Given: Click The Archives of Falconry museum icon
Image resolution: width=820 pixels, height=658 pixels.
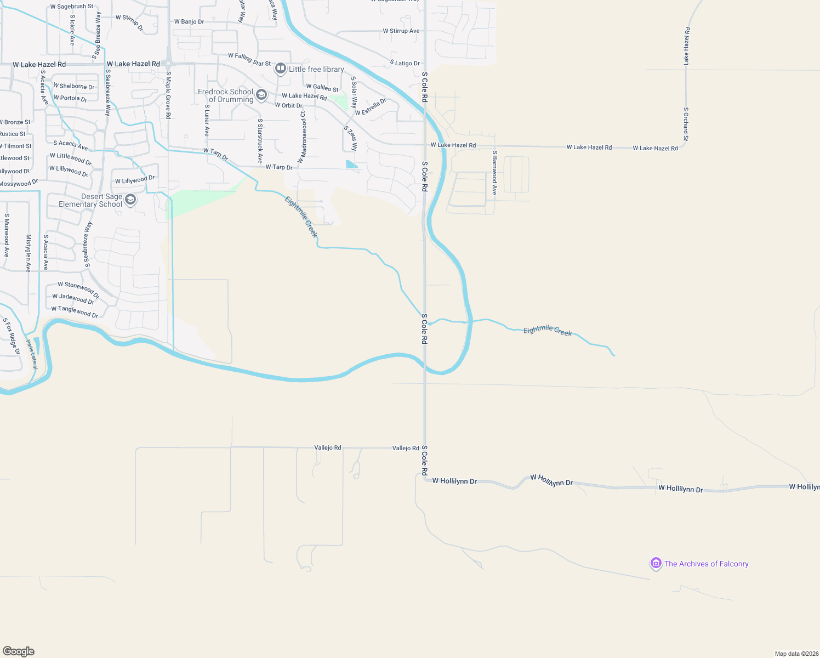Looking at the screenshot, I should coord(656,563).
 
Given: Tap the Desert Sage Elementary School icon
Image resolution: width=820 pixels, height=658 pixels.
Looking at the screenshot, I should coord(130,200).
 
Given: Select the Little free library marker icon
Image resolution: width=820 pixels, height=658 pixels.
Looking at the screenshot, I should coord(281,69).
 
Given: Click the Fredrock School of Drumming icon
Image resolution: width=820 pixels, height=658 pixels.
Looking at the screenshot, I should coord(261,95).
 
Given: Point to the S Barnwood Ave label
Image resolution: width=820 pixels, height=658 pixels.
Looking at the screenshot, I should coord(494,173).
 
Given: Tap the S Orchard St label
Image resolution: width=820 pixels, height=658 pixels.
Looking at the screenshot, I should coord(686,124).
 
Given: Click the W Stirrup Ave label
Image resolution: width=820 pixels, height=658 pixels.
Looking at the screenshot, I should coord(401,31).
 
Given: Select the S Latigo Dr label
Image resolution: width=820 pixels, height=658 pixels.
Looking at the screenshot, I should coord(405,63).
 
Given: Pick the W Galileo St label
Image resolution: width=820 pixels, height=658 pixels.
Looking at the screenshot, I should coord(322,88).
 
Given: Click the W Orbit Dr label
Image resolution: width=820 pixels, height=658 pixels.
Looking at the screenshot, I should coord(288,105).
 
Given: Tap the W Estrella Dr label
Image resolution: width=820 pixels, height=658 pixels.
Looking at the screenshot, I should coord(371,107).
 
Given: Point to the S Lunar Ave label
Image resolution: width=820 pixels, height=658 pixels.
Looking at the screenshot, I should coord(207,120).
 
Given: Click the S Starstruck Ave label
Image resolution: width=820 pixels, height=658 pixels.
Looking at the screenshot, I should coord(260,141).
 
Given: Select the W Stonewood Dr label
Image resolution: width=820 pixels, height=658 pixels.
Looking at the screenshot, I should coord(79,290).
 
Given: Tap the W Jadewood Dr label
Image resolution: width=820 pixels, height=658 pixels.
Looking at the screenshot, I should coord(73,299).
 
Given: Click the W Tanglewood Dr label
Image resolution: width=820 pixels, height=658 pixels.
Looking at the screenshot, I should coord(75,311).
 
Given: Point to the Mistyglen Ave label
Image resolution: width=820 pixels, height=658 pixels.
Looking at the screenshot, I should coord(29,253).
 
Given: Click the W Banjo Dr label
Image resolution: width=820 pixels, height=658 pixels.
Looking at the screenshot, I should coord(189,22).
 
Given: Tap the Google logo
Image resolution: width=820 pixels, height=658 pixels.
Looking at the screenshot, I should coord(19,651).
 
